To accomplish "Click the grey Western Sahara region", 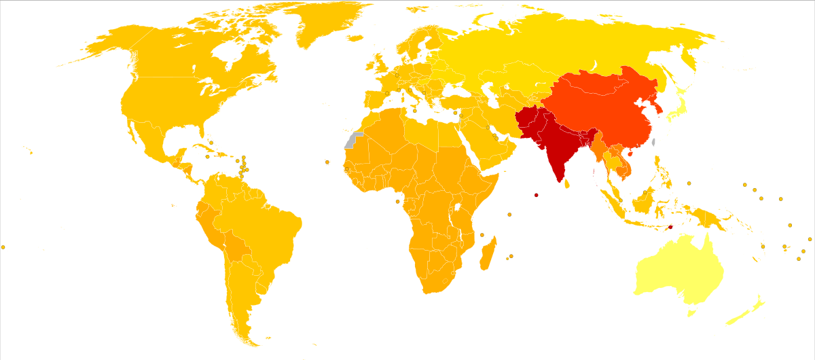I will [352, 141].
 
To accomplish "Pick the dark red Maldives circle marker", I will [536, 196].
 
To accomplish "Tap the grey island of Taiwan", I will [653, 143].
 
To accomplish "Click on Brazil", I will [265, 224].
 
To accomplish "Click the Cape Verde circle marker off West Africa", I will [327, 162].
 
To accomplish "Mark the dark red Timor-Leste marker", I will [670, 227].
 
